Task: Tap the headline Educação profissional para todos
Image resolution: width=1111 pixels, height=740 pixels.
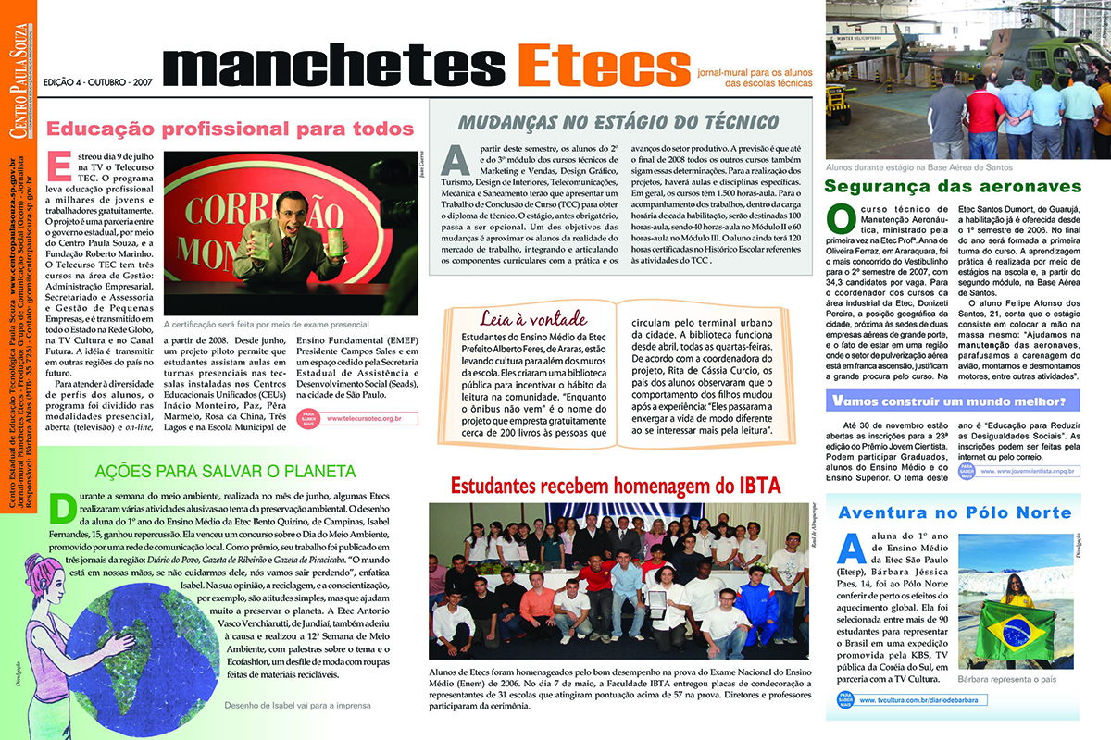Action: [231, 129]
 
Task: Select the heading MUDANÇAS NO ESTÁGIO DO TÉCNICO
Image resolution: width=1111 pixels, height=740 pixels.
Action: [619, 122]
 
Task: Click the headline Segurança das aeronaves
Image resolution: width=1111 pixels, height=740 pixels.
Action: [953, 186]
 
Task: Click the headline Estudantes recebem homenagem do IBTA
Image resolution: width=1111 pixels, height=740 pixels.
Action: [616, 485]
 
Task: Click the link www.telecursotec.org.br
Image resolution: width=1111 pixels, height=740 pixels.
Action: [360, 419]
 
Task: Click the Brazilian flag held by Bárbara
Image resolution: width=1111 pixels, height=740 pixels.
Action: [1015, 630]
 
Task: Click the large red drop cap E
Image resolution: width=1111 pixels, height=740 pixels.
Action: [59, 166]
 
